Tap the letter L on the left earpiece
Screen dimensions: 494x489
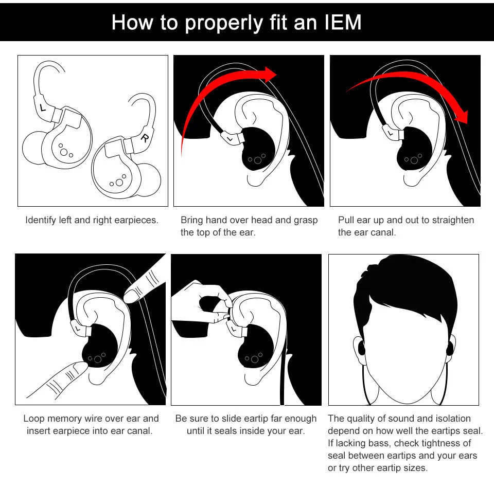click(x=42, y=108)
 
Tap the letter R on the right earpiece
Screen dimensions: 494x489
click(x=146, y=137)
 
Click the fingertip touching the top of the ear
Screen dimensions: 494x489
click(x=132, y=295)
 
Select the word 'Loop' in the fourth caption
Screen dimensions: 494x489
click(x=33, y=419)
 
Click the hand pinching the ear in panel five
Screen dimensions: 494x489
click(x=198, y=303)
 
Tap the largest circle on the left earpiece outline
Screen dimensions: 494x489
click(x=63, y=152)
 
